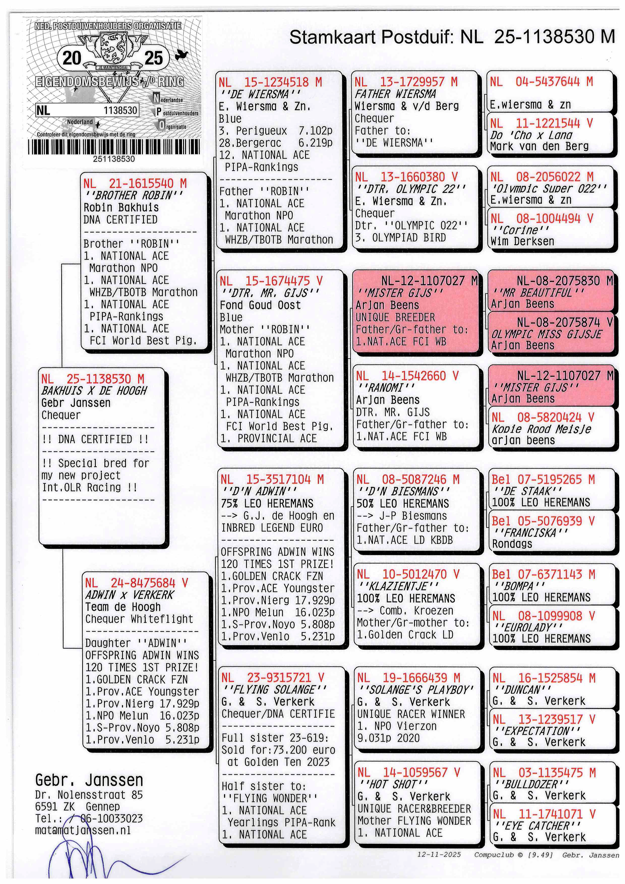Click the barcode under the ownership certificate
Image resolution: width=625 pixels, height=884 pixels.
114,147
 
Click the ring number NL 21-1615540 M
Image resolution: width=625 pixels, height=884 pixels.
135,183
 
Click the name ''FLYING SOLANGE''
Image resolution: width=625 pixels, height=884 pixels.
274,690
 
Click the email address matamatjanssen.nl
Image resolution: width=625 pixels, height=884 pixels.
83,831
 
